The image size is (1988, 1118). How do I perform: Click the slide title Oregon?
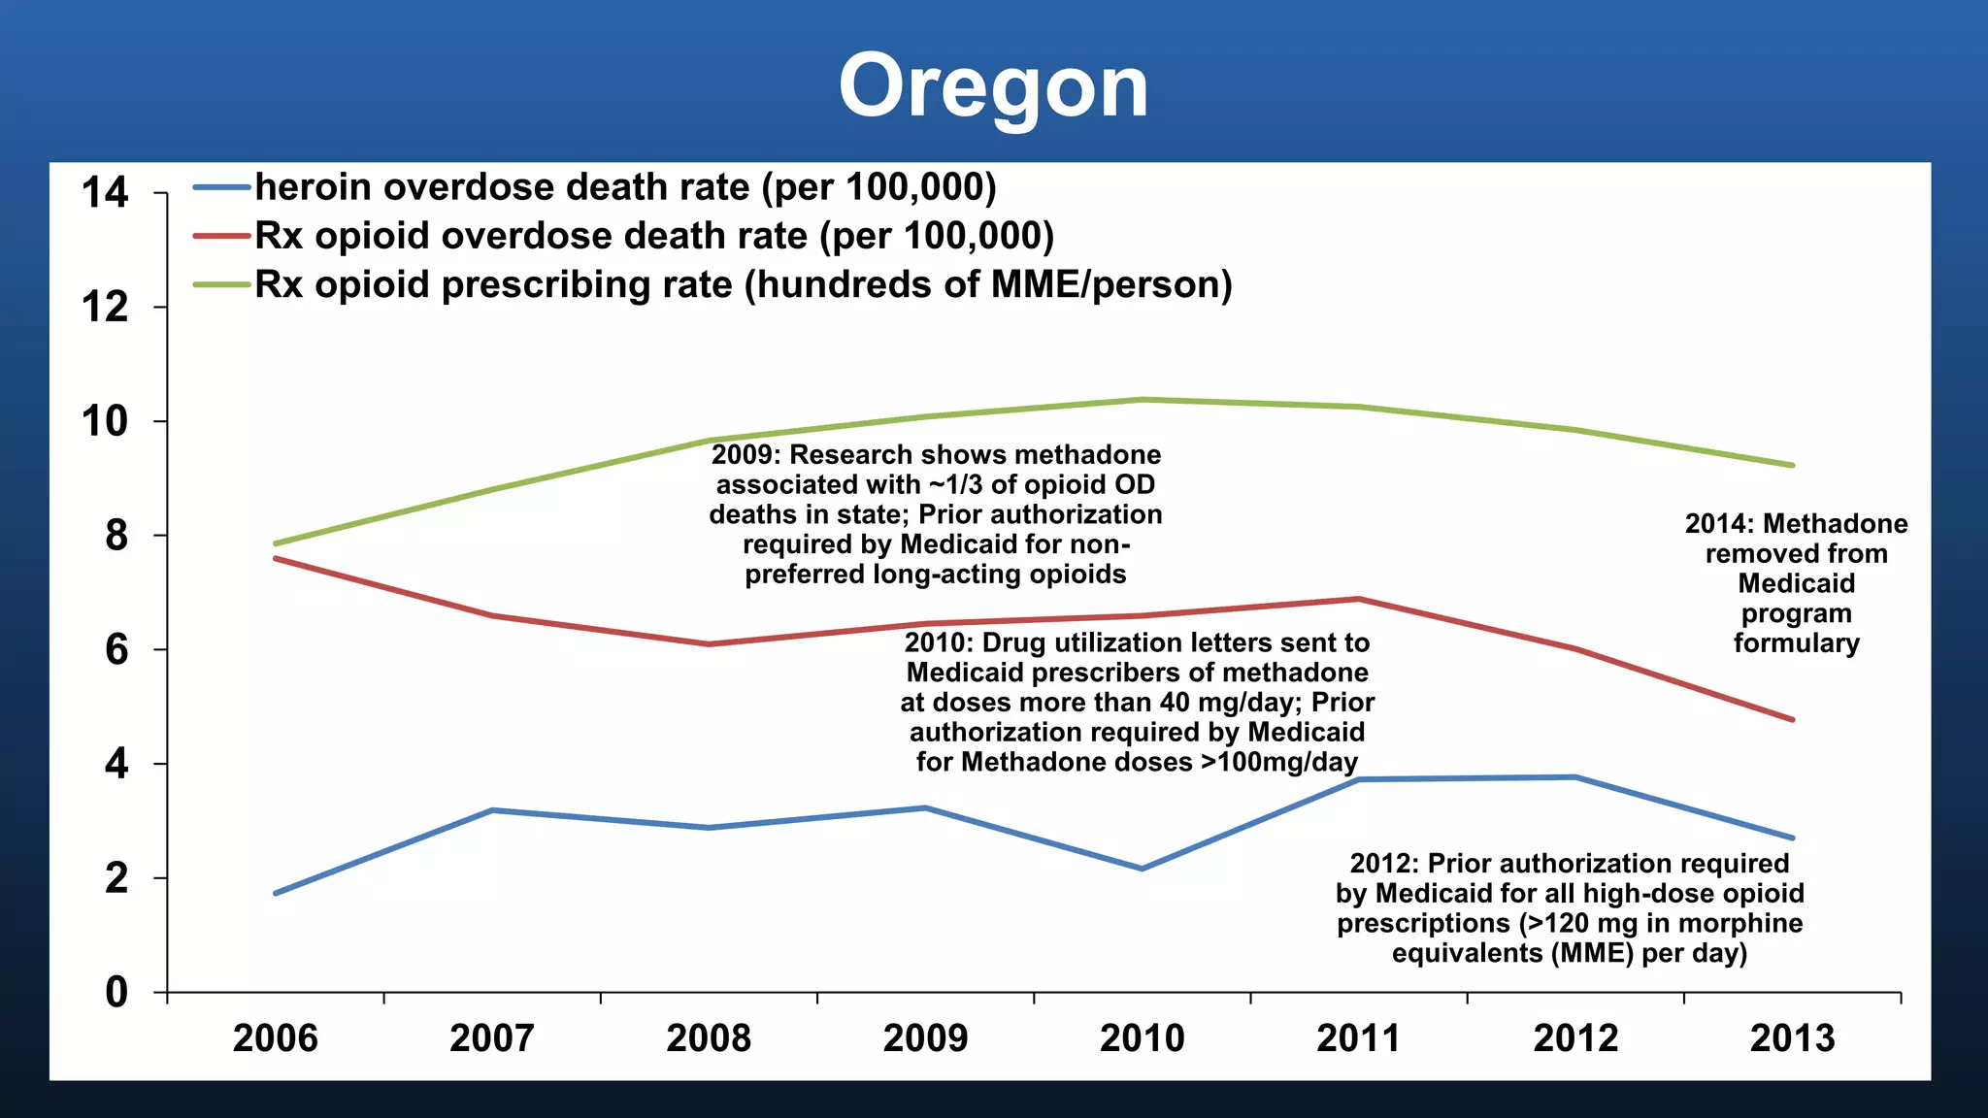(993, 87)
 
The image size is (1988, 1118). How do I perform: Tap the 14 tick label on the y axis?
(105, 192)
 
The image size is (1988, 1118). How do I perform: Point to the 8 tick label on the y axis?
(116, 536)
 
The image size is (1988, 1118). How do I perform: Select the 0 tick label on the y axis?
(116, 992)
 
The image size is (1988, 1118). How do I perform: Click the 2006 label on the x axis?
(276, 1038)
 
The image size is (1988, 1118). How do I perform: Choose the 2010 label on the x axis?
(1142, 1038)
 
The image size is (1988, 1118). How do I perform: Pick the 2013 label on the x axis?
(1792, 1038)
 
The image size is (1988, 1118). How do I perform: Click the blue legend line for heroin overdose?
(221, 187)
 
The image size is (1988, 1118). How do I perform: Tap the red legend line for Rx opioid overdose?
(221, 236)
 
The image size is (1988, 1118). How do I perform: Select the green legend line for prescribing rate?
(221, 284)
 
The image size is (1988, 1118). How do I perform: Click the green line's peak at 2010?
(1143, 399)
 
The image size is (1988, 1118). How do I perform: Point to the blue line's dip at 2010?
(1143, 869)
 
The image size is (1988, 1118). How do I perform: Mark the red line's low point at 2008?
(709, 644)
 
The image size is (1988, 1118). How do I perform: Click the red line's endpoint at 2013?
(1792, 719)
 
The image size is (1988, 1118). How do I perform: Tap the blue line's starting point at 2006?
(277, 893)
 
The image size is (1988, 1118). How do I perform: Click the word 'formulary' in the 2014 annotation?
(1797, 643)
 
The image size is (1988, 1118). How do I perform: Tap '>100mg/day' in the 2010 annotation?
(1278, 762)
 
